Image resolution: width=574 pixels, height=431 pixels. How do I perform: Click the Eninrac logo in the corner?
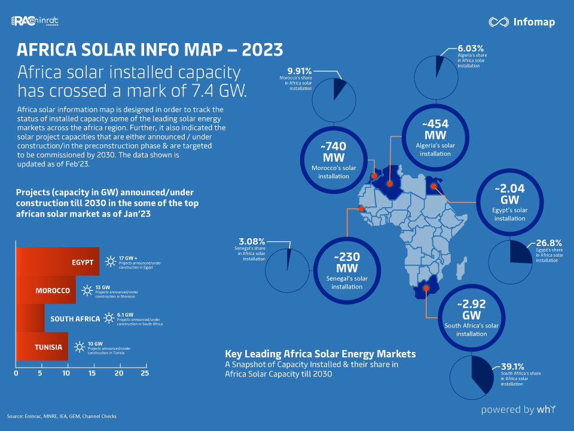35,22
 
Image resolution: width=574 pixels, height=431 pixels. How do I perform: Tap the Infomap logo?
521,22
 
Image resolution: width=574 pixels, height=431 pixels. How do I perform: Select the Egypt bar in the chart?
57,262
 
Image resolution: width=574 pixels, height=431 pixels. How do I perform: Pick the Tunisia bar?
42,347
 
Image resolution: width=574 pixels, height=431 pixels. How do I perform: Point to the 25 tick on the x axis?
144,373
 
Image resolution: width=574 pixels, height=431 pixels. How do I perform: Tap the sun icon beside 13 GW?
87,291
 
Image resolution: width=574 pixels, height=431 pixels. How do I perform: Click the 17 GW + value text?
128,257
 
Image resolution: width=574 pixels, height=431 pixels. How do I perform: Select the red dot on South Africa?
426,289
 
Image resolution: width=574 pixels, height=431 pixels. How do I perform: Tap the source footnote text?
62,416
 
